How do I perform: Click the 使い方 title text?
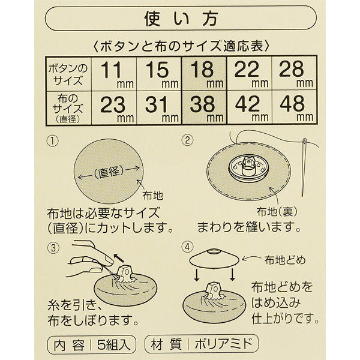pyautogui.click(x=181, y=19)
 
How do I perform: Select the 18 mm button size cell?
pyautogui.click(x=204, y=74)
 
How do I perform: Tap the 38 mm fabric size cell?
pyautogui.click(x=204, y=108)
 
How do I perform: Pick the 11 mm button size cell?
pyautogui.click(x=114, y=74)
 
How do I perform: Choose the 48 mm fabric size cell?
pyautogui.click(x=295, y=108)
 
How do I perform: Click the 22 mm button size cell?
pyautogui.click(x=250, y=74)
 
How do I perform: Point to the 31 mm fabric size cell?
pyautogui.click(x=159, y=108)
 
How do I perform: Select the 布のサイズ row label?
pyautogui.click(x=67, y=108)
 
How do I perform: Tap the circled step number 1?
pyautogui.click(x=53, y=141)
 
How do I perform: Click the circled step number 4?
pyautogui.click(x=187, y=247)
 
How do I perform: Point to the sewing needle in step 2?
pyautogui.click(x=304, y=167)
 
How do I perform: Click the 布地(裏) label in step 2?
pyautogui.click(x=277, y=211)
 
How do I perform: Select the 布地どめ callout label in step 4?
pyautogui.click(x=285, y=260)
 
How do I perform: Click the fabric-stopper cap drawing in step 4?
pyautogui.click(x=214, y=257)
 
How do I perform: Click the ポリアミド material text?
pyautogui.click(x=223, y=344)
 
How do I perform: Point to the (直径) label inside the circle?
pyautogui.click(x=109, y=172)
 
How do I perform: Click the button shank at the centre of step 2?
pyautogui.click(x=248, y=166)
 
